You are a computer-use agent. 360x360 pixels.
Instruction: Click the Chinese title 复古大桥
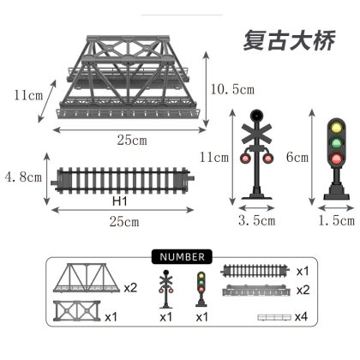pos(289,41)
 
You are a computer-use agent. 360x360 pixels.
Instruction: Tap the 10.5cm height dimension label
pos(232,89)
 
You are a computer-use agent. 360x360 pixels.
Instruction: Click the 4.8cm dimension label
pos(23,177)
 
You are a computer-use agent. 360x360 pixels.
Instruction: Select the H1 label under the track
pos(119,201)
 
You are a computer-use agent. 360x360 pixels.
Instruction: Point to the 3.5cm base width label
pos(256,220)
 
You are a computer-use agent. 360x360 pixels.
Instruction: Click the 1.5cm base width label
pos(336,220)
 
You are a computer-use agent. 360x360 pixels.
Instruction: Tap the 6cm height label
pos(297,157)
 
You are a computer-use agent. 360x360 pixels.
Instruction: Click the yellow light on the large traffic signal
pos(336,127)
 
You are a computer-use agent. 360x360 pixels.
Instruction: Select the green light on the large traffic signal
pos(336,142)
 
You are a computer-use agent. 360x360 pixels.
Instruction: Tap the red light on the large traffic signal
pos(336,159)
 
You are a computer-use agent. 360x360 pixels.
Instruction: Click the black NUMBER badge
pos(182,256)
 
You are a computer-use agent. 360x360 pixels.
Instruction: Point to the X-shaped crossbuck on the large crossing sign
pos(256,134)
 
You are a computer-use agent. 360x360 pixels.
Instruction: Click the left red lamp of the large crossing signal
pos(245,158)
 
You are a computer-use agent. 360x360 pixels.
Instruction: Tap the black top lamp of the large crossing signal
pos(256,115)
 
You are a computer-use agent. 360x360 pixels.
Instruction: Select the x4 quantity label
pos(301,316)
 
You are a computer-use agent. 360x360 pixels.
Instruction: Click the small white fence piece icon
pos(274,317)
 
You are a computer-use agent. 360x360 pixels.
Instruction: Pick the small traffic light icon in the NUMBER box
pos(201,289)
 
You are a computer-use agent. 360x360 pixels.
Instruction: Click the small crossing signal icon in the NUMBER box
pos(165,289)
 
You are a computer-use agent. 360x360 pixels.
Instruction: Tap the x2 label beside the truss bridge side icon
pos(130,288)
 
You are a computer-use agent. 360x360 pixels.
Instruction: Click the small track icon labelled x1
pos(255,271)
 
